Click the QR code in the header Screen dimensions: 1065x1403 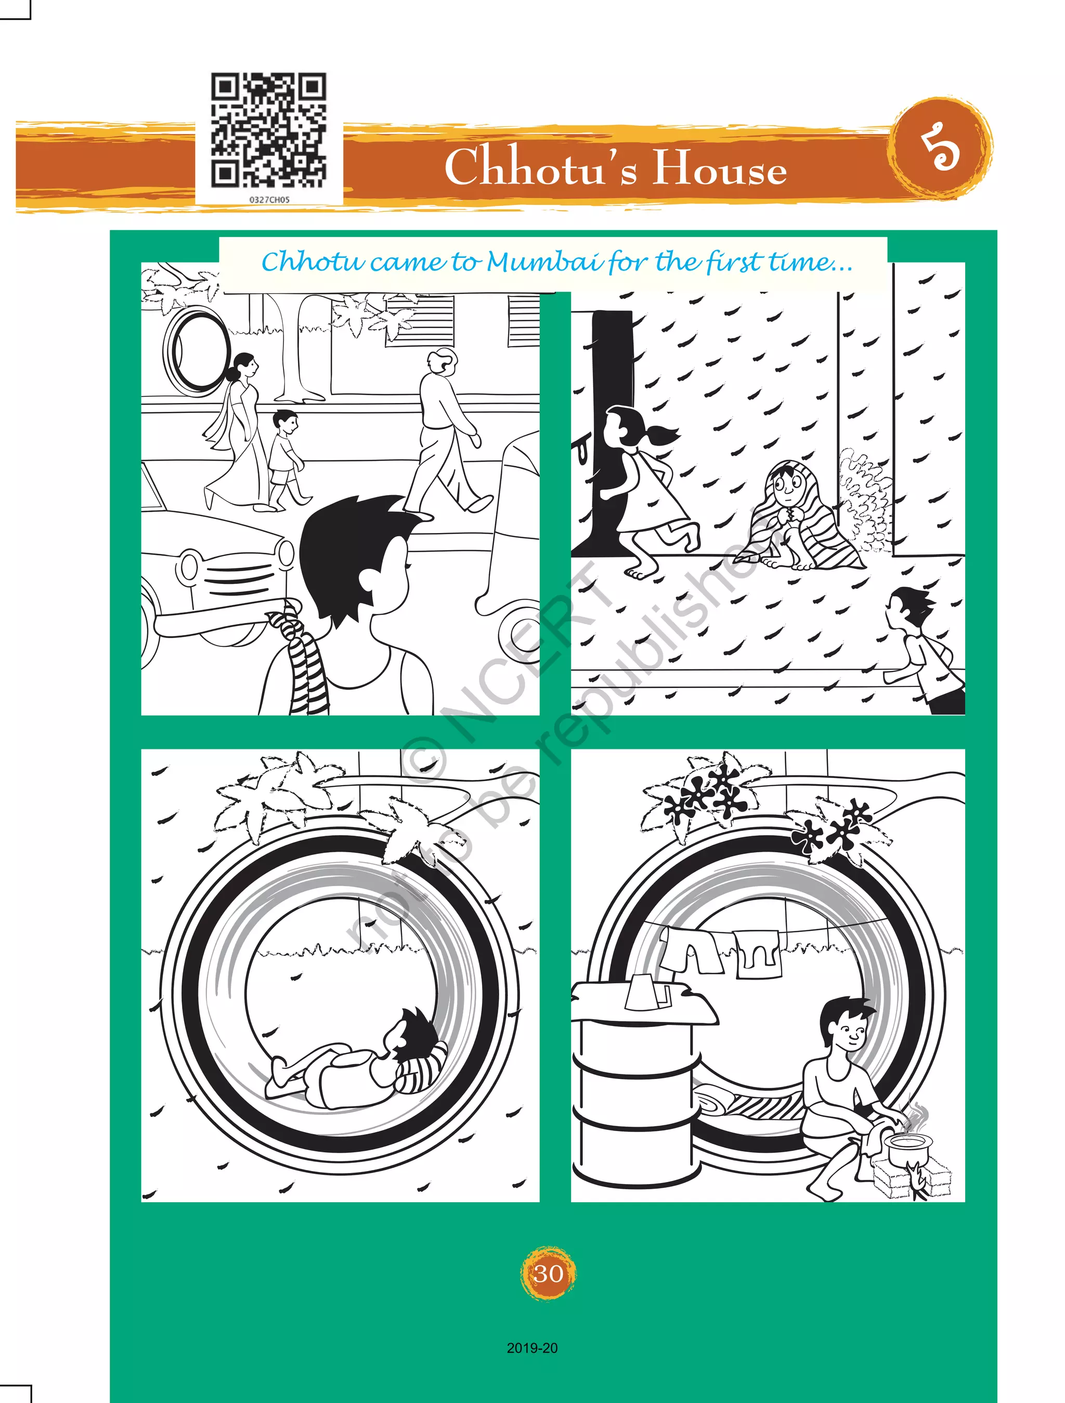tap(269, 130)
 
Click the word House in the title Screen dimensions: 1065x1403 tap(720, 167)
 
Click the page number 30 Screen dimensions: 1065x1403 tap(548, 1273)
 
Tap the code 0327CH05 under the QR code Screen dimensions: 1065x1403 tap(269, 199)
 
